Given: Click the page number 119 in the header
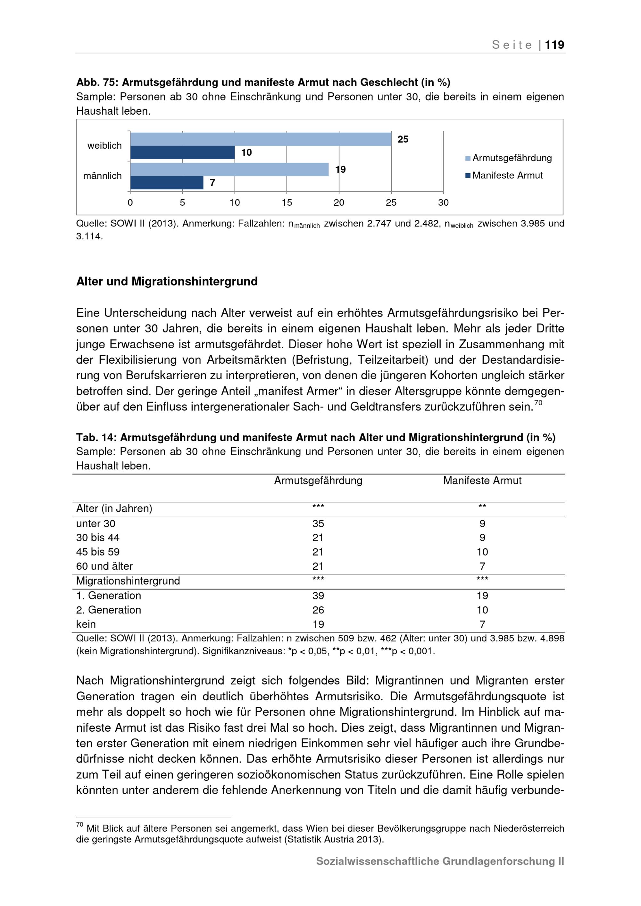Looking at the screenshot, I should [554, 45].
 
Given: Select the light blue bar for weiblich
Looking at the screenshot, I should [261, 139].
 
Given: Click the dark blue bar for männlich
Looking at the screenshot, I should [167, 183].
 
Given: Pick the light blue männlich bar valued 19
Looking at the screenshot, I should [229, 169].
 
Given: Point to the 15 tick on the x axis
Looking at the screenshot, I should [287, 202].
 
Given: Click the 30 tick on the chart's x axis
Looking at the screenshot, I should [443, 202].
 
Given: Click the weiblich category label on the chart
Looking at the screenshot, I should [104, 145].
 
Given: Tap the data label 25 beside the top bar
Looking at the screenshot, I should [403, 139].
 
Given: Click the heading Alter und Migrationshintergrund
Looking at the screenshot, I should [167, 281].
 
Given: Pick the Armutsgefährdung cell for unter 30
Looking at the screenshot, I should [318, 523].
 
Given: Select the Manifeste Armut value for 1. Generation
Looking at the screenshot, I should [482, 596].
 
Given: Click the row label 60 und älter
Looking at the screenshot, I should [104, 566].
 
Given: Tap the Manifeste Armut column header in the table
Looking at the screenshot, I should [482, 481].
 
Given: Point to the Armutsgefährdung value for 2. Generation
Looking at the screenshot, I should [318, 610].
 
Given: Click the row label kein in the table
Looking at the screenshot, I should [86, 624].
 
